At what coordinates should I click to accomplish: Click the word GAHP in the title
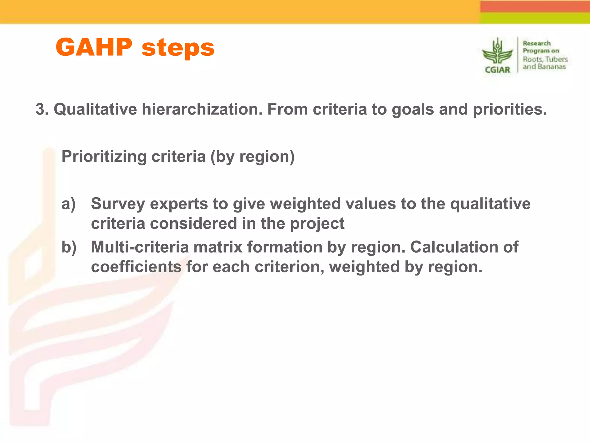pos(94,48)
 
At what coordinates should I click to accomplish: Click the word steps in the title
pos(178,48)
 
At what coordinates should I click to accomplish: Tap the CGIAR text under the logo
pos(497,70)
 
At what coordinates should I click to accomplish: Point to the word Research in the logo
pos(536,44)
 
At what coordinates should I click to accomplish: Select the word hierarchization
pos(202,110)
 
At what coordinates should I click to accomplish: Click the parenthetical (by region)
pos(252,157)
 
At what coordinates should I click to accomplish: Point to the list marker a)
pos(69,204)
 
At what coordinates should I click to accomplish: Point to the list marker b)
pos(69,247)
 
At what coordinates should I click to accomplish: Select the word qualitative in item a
pos(490,204)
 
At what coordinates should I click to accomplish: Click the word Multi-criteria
pos(139,247)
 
